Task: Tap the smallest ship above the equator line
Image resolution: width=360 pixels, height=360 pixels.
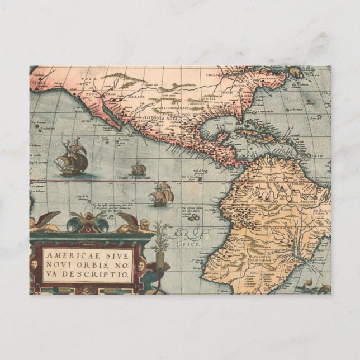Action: (138, 169)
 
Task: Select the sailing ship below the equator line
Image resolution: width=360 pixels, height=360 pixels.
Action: (162, 194)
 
